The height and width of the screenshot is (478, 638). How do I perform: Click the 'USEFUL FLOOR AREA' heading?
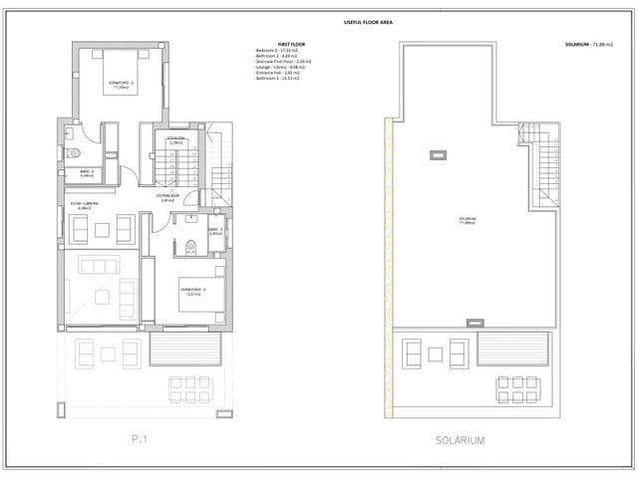[x=367, y=21]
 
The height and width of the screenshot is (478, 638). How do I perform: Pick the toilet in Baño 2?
[x=75, y=153]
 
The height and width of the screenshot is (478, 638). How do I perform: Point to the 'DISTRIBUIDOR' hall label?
[x=166, y=197]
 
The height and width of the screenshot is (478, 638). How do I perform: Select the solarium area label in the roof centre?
[x=467, y=220]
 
